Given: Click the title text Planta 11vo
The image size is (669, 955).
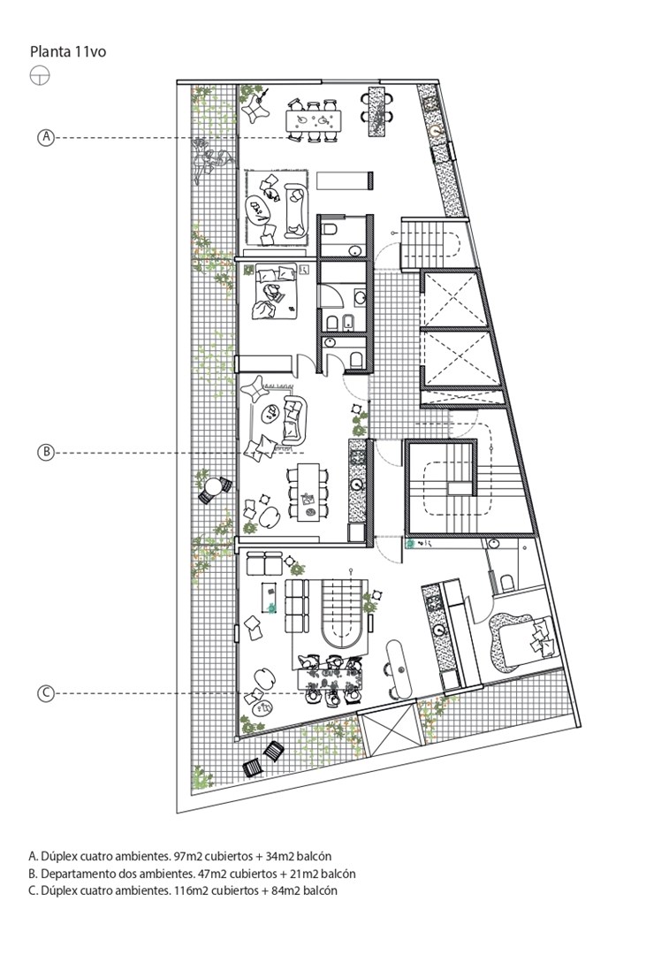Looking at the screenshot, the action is pos(67,52).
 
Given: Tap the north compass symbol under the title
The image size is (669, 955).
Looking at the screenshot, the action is pos(40,76).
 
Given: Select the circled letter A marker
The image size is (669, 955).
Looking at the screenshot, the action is pos(46,138).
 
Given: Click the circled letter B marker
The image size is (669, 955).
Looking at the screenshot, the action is pos(46,453).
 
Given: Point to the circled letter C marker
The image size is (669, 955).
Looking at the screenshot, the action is pos(46,693).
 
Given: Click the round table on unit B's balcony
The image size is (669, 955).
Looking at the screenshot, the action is pos(214,488).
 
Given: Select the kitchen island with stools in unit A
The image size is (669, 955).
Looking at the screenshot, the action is pos(377,112).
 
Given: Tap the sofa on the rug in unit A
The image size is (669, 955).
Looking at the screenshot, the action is pos(296,210).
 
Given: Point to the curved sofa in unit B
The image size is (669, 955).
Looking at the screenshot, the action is pos(294,420).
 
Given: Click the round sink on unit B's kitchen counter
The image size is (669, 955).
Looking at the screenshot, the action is pos(357,485).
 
